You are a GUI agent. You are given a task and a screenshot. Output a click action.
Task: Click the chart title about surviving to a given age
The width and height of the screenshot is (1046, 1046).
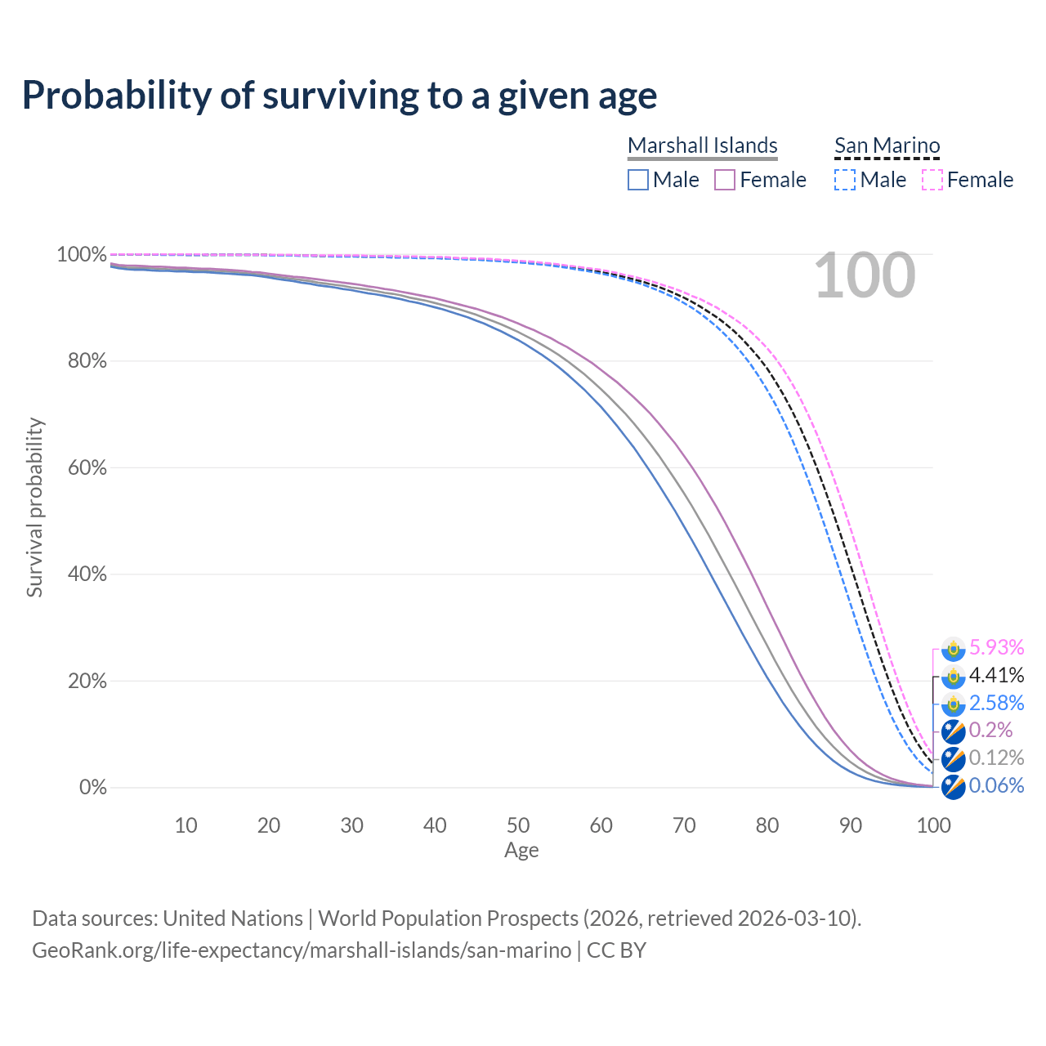339,95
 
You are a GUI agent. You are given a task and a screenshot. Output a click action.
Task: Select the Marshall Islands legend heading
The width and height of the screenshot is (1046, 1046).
703,145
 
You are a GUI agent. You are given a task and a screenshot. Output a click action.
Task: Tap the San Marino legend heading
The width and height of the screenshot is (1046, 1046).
887,145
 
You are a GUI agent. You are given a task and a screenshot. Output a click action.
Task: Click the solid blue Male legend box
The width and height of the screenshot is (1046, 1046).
638,180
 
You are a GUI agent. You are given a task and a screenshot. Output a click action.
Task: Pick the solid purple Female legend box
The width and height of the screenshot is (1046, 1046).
726,180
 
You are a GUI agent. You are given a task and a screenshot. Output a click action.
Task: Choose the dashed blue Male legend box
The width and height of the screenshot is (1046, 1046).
845,180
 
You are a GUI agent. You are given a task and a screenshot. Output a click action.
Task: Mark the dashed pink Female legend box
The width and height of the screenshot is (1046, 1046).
932,180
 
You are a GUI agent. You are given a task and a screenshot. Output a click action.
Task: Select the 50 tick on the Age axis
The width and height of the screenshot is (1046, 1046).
518,825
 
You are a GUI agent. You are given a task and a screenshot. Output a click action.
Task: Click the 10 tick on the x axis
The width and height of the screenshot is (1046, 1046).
186,825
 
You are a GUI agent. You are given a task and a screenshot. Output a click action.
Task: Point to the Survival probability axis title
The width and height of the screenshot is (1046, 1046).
34,507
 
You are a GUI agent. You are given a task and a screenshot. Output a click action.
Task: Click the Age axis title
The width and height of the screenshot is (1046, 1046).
521,851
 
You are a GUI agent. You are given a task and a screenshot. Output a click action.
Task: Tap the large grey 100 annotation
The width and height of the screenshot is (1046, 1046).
865,276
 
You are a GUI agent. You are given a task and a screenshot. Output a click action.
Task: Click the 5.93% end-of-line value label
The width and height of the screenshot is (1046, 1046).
996,647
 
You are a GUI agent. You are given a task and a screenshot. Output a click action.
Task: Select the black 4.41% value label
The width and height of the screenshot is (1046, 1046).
996,675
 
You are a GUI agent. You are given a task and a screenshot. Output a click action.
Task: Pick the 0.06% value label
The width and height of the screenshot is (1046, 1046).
996,785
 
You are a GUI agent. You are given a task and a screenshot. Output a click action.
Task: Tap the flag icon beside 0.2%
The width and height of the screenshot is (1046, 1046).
953,731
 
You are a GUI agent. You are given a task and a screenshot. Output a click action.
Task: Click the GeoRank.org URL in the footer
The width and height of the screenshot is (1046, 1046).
302,950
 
